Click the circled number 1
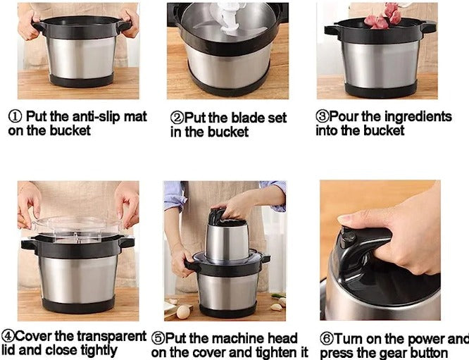(15, 117)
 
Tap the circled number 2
(177, 118)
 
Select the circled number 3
(323, 116)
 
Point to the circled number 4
(8, 336)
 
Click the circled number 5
(158, 338)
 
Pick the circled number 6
(327, 339)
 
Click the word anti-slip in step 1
(96, 116)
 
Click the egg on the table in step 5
(183, 312)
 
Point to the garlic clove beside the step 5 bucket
(276, 307)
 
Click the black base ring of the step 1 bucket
(82, 80)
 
